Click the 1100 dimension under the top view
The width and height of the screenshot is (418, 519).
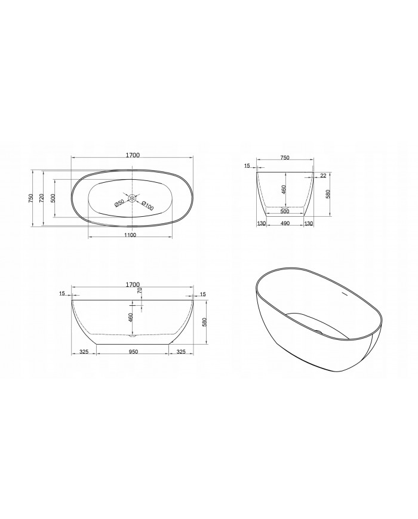(x=130, y=235)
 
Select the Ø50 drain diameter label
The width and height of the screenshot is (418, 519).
(x=119, y=204)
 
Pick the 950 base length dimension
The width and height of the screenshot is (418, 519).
(x=133, y=352)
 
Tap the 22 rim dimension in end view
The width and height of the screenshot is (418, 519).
(x=323, y=175)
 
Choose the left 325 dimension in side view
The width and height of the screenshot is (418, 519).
(x=84, y=352)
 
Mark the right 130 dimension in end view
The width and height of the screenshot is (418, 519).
(x=309, y=223)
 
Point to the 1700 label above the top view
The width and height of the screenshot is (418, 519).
(x=133, y=155)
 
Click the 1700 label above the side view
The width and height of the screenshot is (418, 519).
(x=133, y=284)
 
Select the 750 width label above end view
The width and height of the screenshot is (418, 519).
(x=285, y=158)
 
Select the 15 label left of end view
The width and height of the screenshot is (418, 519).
(x=247, y=167)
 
